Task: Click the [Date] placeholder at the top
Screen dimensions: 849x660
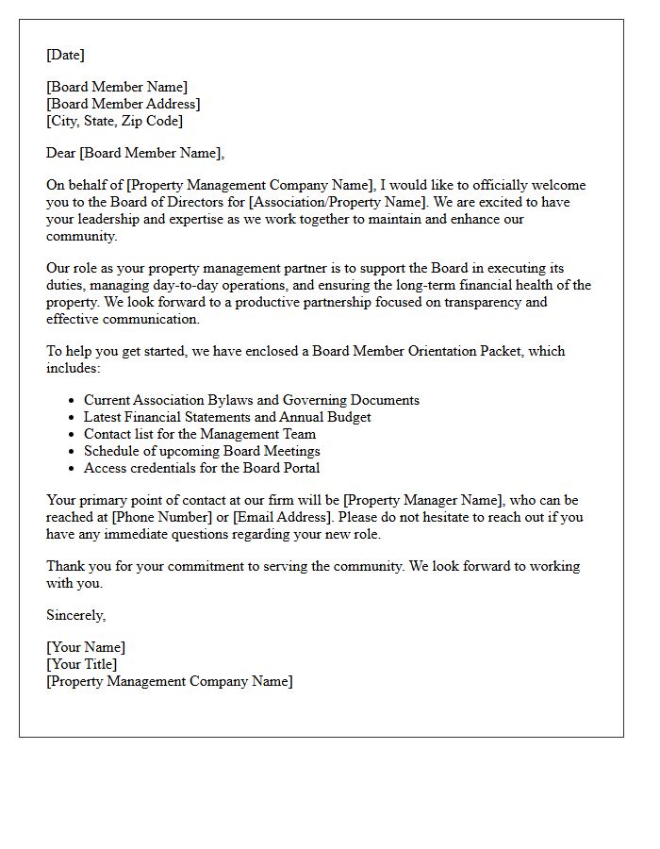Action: (x=65, y=55)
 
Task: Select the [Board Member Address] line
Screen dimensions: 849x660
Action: (x=124, y=104)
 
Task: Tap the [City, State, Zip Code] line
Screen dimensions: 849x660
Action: (x=115, y=121)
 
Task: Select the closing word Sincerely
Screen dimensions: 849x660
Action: (x=75, y=615)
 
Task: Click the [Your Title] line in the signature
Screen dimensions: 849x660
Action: (x=82, y=664)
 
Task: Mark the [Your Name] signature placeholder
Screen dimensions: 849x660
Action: (x=86, y=647)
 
